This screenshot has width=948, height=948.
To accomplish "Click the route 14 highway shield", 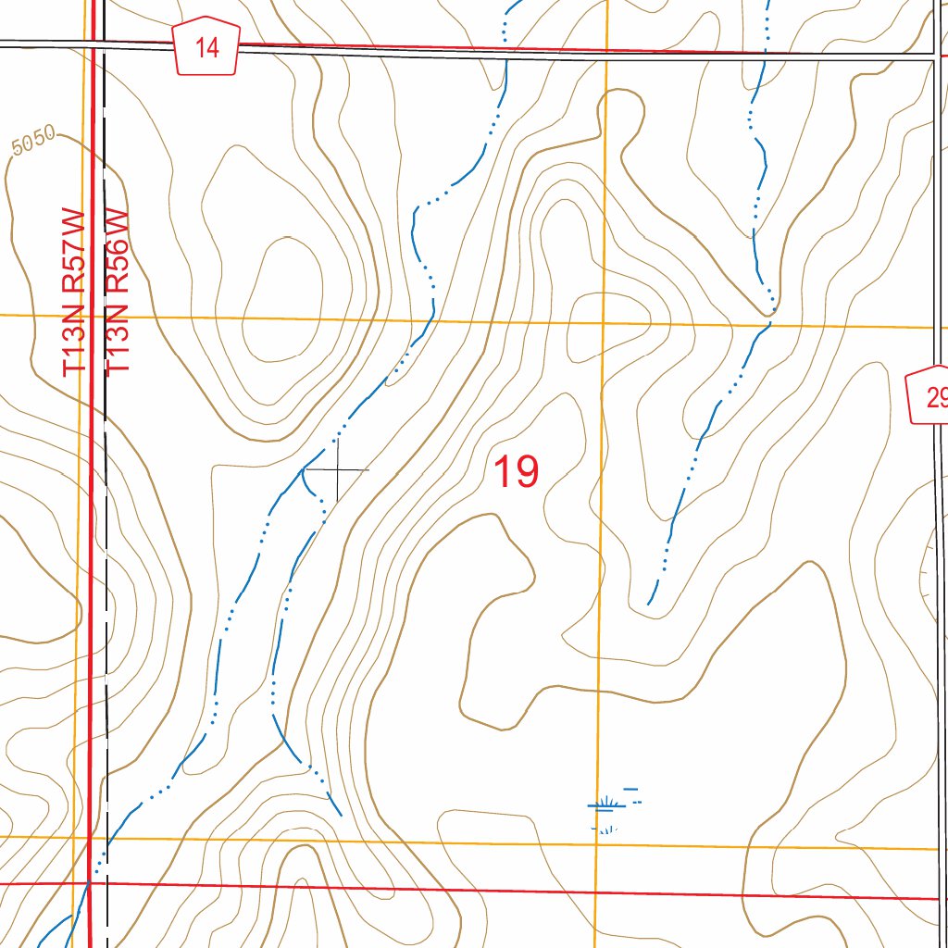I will (207, 48).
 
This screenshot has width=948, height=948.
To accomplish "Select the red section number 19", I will (516, 471).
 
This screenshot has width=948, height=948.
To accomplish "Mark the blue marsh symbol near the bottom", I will (610, 805).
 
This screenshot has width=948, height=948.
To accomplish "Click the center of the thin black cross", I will (337, 470).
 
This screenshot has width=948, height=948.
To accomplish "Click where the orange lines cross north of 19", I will (603, 323).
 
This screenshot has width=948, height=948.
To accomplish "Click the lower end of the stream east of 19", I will (649, 604).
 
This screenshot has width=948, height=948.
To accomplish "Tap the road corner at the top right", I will (934, 59).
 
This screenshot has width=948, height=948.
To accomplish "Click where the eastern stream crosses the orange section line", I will (765, 326).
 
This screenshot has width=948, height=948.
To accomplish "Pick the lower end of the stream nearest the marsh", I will (342, 815).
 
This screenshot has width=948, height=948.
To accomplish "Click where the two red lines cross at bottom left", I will (91, 882).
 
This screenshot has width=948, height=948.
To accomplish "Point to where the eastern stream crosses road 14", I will (765, 55).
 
